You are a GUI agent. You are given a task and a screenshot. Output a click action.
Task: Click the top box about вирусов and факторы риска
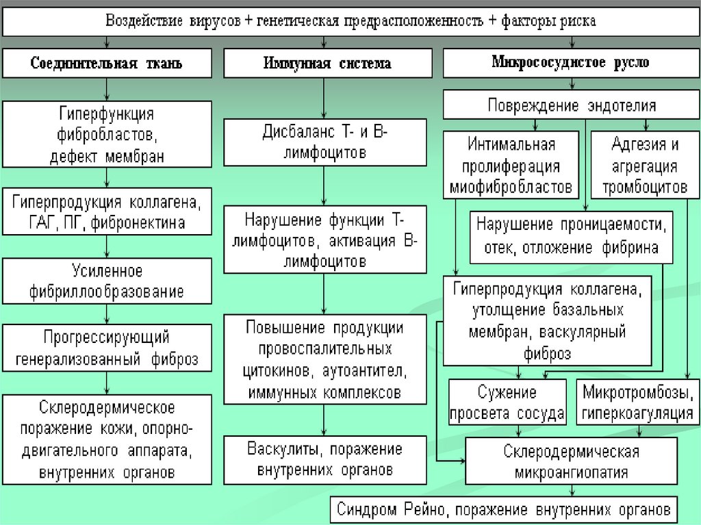point(350,21)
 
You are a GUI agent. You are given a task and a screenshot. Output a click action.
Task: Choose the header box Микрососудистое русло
point(570,63)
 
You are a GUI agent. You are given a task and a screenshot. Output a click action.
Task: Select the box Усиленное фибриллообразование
point(106,281)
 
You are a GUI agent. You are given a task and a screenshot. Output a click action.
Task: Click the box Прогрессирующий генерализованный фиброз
point(106,348)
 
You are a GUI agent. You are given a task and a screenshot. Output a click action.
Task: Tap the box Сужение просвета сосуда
point(507,402)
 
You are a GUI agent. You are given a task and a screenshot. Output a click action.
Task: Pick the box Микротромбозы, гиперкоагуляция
point(638,402)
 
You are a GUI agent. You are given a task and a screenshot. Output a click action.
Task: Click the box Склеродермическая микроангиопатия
point(571,462)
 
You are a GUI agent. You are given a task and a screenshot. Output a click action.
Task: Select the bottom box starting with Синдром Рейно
point(505,510)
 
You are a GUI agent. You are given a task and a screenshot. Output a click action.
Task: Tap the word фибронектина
point(148,222)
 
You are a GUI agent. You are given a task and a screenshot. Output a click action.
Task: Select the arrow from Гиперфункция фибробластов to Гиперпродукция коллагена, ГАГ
point(106,178)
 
